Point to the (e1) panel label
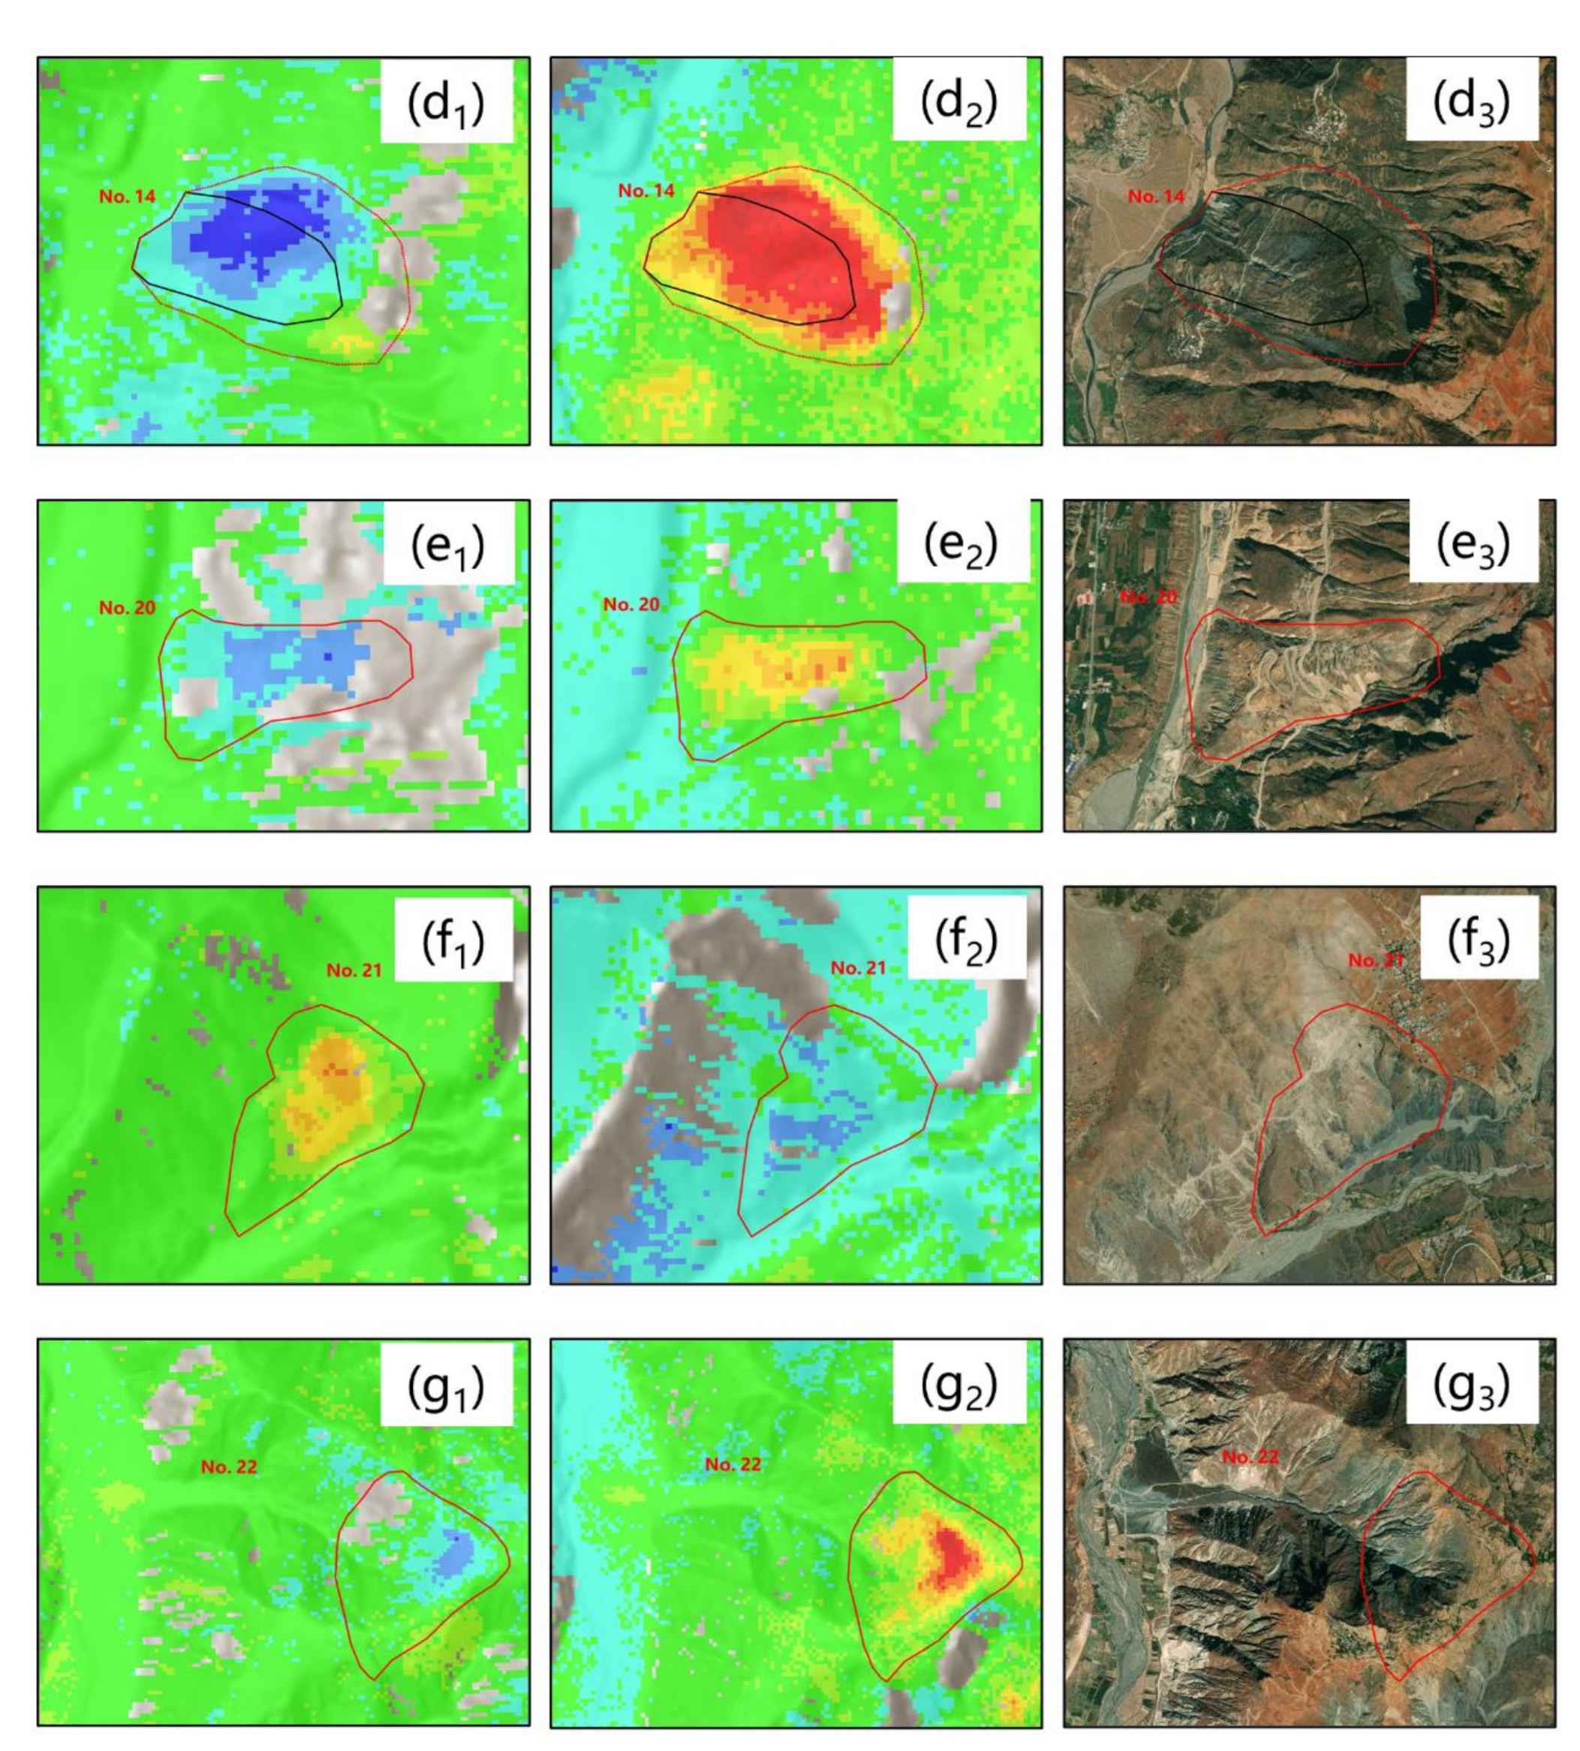pos(446,545)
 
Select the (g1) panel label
pos(446,1387)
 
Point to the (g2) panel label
pos(959,1387)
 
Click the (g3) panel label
pos(1470,1387)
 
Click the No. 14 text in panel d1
pos(128,196)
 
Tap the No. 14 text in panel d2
pos(646,190)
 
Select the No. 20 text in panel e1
pos(127,608)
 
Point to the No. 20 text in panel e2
pos(631,604)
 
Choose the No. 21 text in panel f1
pos(354,970)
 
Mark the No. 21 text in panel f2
pos(858,967)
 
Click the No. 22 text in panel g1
pos(229,1467)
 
